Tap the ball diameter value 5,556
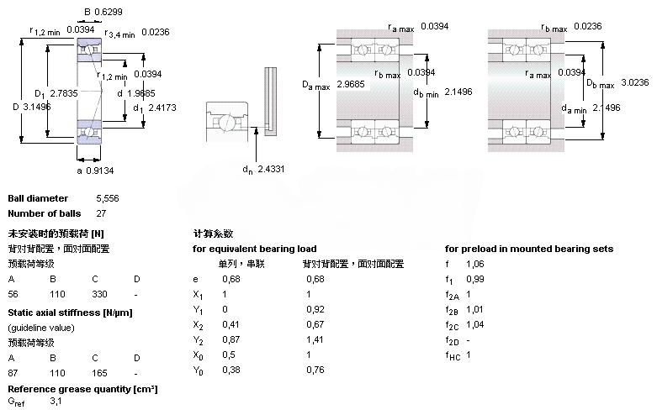point(108,198)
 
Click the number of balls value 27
point(101,213)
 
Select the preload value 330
point(99,295)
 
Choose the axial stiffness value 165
point(99,371)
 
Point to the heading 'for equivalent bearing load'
point(255,249)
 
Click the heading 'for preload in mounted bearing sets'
point(528,249)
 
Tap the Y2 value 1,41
point(314,339)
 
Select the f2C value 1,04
point(475,324)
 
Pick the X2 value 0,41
point(230,324)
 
